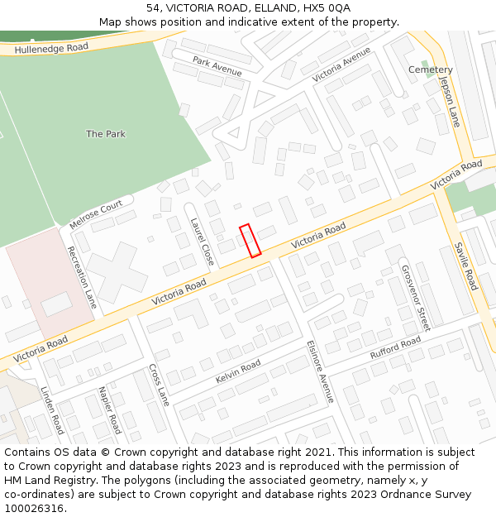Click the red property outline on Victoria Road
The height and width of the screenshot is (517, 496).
(x=250, y=241)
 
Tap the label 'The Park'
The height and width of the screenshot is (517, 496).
(x=106, y=134)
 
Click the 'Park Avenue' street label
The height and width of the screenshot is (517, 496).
(x=217, y=65)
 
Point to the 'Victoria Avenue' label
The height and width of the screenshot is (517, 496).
(x=341, y=65)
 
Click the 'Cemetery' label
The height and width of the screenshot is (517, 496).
(x=431, y=70)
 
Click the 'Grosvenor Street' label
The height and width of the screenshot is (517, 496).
(x=416, y=297)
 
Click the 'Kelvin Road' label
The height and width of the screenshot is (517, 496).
(x=238, y=371)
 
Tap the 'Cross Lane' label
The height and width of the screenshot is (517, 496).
(x=159, y=385)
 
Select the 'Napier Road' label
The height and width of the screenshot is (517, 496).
(x=109, y=409)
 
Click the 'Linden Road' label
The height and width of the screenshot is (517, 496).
(x=51, y=411)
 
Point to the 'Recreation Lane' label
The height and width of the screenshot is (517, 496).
(x=82, y=277)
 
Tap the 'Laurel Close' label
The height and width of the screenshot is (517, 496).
(x=203, y=242)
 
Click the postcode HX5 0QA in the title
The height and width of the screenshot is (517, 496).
(x=328, y=7)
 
